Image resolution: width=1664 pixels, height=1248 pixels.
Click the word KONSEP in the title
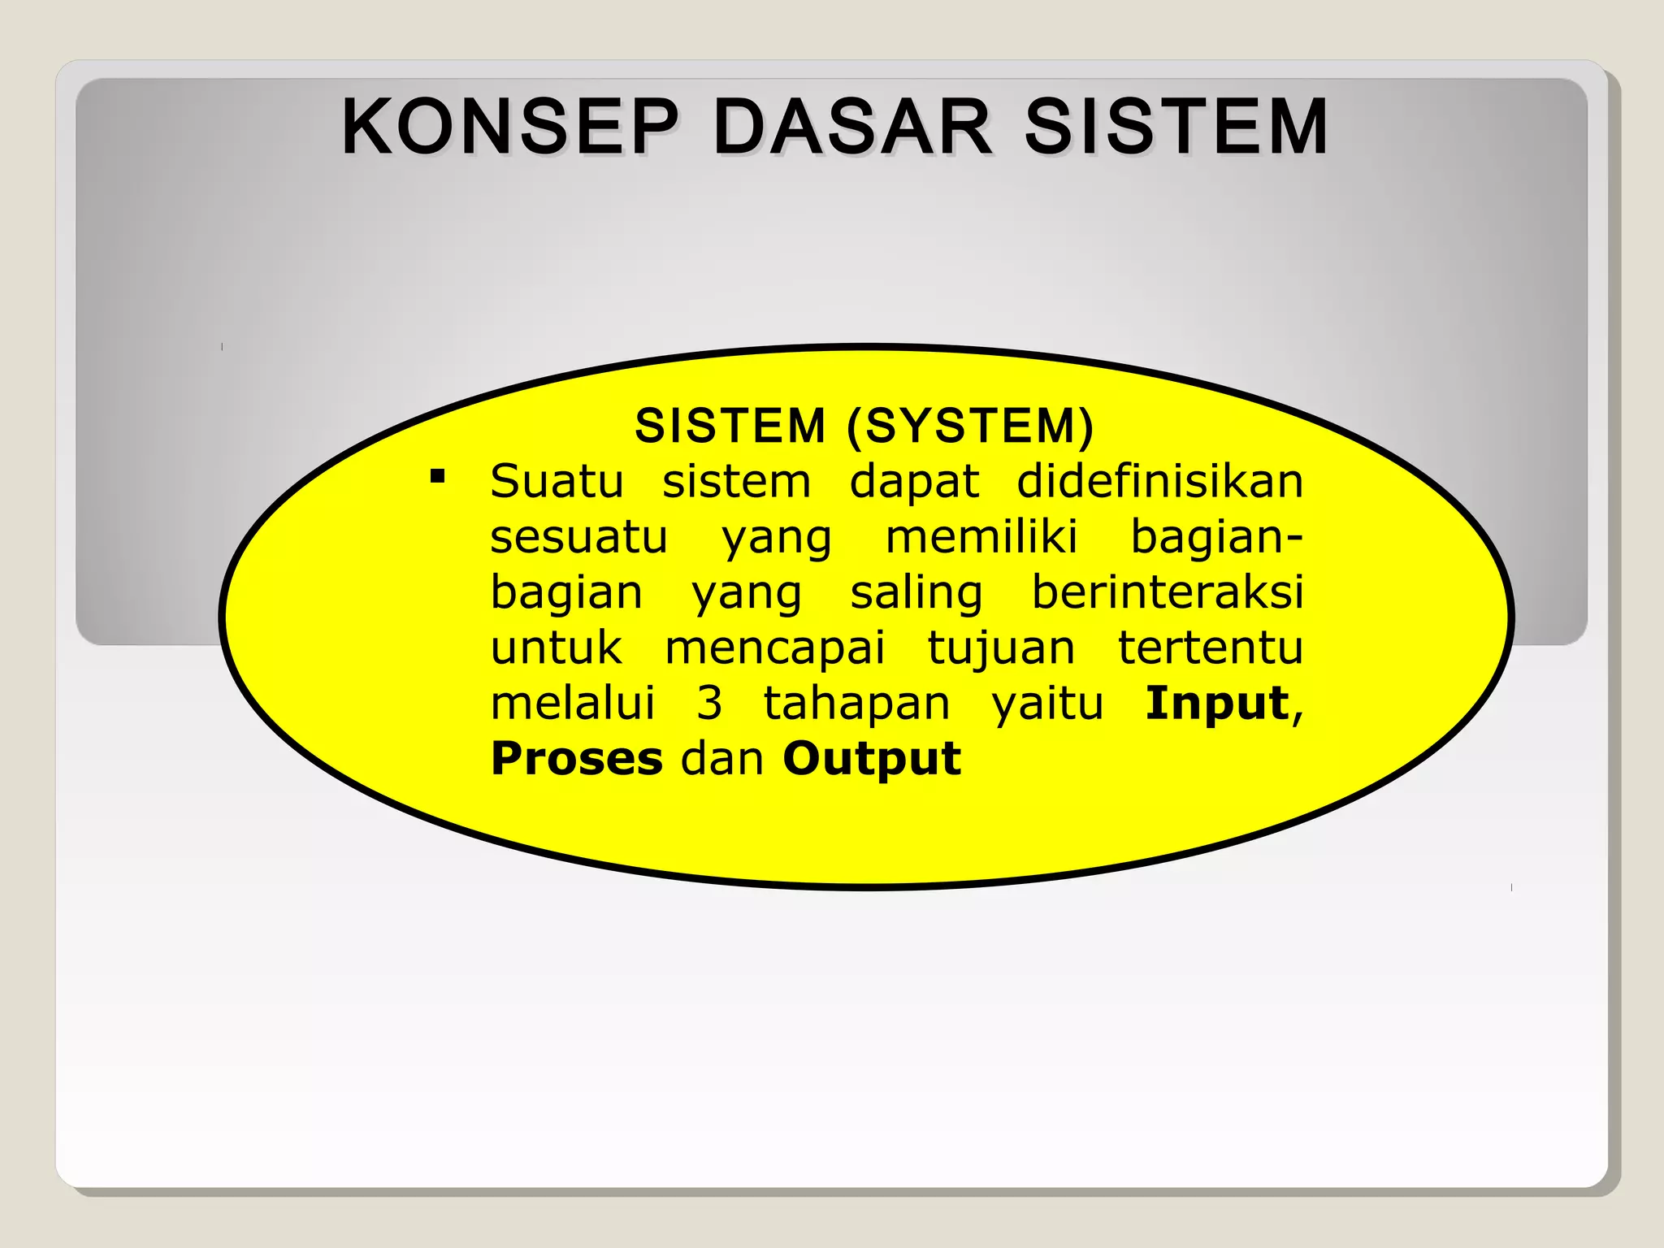click(509, 127)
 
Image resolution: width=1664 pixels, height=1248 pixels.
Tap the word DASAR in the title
click(852, 127)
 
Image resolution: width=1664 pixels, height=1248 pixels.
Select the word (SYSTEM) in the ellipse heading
click(970, 426)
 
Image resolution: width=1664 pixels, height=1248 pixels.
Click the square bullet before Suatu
click(438, 476)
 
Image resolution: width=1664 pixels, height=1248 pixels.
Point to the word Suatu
click(557, 481)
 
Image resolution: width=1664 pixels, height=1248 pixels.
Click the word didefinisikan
click(1159, 481)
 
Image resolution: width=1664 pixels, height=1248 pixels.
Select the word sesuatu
click(578, 536)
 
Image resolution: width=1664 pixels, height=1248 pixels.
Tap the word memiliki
click(981, 536)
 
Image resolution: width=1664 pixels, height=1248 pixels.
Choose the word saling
click(916, 591)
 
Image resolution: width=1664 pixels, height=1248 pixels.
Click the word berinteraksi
click(1168, 591)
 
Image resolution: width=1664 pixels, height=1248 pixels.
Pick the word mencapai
click(774, 648)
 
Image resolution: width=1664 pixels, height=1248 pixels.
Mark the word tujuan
click(1001, 648)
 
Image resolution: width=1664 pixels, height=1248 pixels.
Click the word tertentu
click(1211, 648)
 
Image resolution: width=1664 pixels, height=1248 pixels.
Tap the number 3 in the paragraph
click(709, 703)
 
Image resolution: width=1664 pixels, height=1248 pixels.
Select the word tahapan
click(856, 703)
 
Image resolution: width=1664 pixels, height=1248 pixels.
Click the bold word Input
click(1216, 703)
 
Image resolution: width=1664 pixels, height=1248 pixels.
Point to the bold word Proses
click(577, 758)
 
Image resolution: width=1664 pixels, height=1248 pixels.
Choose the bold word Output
click(872, 758)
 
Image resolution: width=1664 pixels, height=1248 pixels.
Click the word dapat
click(914, 481)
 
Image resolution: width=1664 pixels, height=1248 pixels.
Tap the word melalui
click(573, 703)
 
